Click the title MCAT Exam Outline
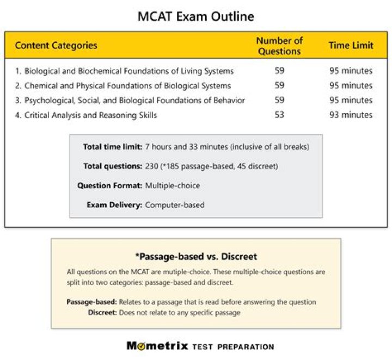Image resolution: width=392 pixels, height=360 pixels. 195,16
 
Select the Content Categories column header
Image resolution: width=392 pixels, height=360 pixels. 56,45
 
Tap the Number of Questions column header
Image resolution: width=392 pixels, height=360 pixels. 279,46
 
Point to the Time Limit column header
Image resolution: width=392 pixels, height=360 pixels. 351,45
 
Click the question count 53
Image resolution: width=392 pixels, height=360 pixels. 279,115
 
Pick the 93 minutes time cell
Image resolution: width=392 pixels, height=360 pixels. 351,115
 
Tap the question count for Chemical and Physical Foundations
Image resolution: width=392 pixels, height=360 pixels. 279,85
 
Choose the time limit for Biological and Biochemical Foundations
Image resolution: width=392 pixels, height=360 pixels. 351,71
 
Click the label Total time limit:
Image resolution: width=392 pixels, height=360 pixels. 113,147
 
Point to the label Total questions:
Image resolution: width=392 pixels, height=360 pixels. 113,166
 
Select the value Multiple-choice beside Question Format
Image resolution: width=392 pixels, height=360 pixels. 173,185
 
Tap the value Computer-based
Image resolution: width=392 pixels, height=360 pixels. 175,205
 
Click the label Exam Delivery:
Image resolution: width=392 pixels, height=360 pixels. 115,205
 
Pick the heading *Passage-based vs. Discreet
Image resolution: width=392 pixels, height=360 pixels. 196,256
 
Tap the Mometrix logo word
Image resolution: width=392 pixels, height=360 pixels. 157,346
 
